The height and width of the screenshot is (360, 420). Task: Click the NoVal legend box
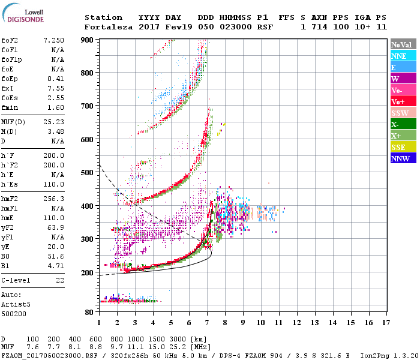(x=403, y=44)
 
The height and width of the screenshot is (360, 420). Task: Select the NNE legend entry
(x=403, y=56)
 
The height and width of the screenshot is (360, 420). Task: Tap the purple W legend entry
(x=403, y=79)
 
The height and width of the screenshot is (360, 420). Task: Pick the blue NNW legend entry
(x=403, y=158)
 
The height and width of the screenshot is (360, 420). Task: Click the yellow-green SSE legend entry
(x=403, y=147)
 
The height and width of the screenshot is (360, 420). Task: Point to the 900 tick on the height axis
(x=89, y=40)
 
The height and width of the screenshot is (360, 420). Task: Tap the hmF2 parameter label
(x=10, y=199)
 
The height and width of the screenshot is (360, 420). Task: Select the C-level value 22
(x=59, y=280)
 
